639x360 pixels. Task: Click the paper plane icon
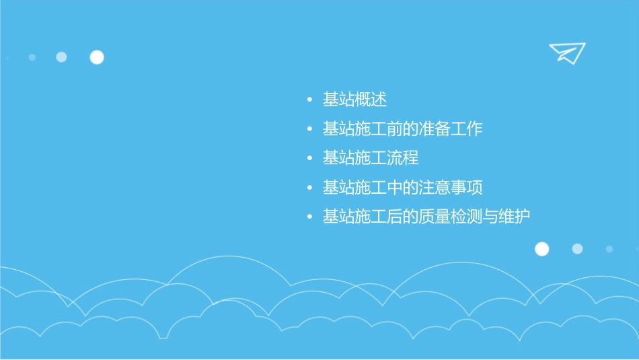tap(566, 52)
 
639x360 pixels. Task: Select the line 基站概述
tap(354, 100)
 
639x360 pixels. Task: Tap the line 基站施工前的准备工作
tap(402, 129)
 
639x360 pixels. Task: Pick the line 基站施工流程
tap(371, 158)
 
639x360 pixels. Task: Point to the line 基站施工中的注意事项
tap(402, 187)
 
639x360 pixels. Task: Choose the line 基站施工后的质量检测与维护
tap(426, 217)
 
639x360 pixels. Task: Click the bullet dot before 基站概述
tap(309, 101)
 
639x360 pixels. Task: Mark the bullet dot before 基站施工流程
tap(309, 159)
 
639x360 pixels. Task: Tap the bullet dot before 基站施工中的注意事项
tap(309, 188)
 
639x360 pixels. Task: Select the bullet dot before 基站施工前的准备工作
tap(309, 129)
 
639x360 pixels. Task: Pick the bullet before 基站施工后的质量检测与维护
tap(309, 217)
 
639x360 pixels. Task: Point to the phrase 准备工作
tap(451, 129)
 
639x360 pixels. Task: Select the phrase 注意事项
tap(451, 187)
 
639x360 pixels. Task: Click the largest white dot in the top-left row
tap(97, 57)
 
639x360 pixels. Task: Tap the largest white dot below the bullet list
tap(541, 249)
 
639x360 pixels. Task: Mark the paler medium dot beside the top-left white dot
tap(61, 57)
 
